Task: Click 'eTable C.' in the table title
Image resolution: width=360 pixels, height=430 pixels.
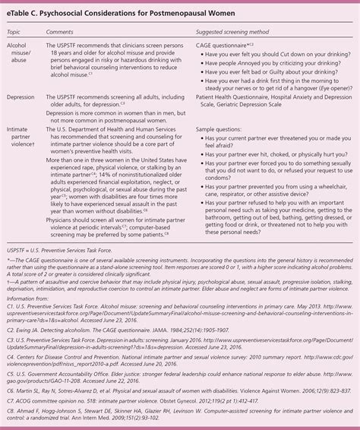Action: pos(25,14)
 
